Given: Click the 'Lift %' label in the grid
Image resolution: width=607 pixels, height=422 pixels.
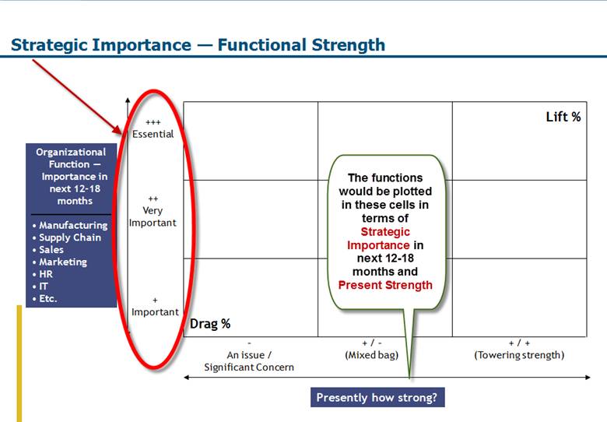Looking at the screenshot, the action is point(563,117).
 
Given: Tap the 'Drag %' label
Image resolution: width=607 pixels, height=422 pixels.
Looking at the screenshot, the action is point(210,324).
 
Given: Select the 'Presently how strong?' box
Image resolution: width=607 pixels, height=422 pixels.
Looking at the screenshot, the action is point(377,398).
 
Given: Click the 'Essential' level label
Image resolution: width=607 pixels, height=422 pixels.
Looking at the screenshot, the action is point(153,135).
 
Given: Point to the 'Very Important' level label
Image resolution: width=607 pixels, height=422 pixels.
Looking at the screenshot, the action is point(153,216).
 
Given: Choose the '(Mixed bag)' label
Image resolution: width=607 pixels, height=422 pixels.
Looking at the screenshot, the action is point(372,355).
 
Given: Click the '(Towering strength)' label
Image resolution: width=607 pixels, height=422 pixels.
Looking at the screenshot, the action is point(519,355).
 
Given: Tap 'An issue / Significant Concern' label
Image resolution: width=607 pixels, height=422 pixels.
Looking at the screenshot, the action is point(249,361).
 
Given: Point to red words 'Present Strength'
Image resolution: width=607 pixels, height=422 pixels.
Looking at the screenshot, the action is point(385,285).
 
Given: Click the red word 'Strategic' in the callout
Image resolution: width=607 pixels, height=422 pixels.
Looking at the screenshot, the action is point(385,232).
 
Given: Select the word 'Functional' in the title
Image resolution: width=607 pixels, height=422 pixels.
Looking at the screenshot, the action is point(262,45).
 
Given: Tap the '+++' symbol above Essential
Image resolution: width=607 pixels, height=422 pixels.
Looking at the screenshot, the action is point(153,122).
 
